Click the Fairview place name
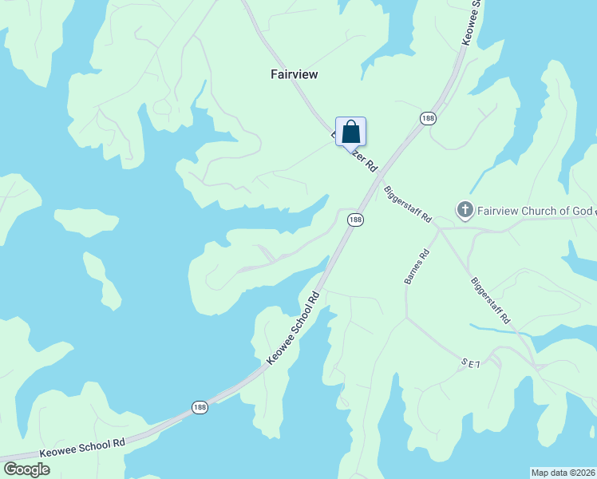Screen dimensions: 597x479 coord(295,74)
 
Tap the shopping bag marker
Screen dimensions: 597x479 coord(350,131)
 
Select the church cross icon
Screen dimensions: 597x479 coord(465,211)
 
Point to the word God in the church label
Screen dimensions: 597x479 coord(582,211)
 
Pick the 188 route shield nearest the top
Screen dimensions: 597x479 coord(428,118)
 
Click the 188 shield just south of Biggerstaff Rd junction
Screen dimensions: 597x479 coord(355,220)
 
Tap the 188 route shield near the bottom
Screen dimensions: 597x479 coord(201,407)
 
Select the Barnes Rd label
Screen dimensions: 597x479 coord(417,267)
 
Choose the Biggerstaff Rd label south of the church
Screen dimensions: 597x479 coord(490,300)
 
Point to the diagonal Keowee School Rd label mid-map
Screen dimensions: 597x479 coord(293,328)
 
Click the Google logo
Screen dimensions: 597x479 coord(27,469)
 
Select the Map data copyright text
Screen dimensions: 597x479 coord(563,473)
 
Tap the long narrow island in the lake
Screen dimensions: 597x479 coord(101,279)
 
